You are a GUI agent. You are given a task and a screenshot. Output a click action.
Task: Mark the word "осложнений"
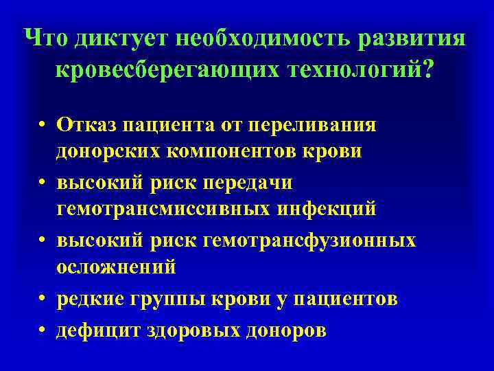[x=116, y=266]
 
